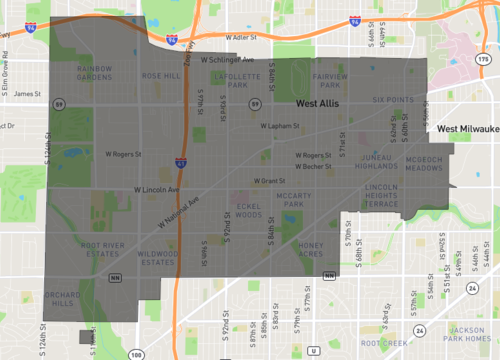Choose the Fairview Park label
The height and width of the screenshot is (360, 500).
329,80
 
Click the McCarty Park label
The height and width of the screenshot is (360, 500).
296,201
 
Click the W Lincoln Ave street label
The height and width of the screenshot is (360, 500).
156,188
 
